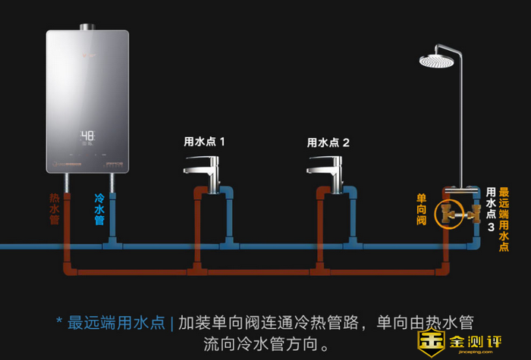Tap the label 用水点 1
pyautogui.click(x=204, y=142)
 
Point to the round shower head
pyautogui.click(x=440, y=58)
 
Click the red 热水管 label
pyautogui.click(x=55, y=208)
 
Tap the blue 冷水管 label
pyautogui.click(x=99, y=208)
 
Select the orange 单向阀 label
pyautogui.click(x=422, y=209)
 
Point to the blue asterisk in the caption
pyautogui.click(x=58, y=321)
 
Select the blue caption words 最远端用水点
pyautogui.click(x=115, y=322)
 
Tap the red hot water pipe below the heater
pyautogui.click(x=66, y=220)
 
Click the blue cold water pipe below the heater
pyautogui.click(x=112, y=220)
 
